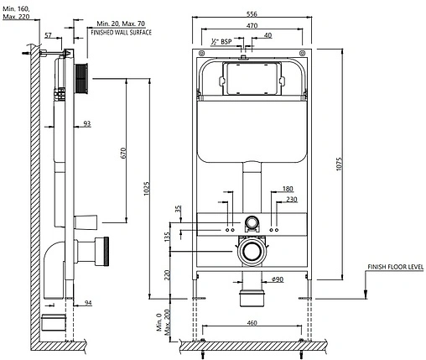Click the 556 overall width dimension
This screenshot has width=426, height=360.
[x=252, y=13]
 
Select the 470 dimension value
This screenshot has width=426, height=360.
[x=252, y=25]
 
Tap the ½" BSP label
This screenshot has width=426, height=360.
[x=221, y=42]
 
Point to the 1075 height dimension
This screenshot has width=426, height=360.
[x=339, y=164]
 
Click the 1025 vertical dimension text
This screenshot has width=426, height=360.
[x=147, y=189]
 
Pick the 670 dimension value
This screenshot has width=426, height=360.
[x=123, y=153]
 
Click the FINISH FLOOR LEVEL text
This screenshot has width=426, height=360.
[x=396, y=267]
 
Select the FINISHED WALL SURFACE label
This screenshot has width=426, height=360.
[x=122, y=33]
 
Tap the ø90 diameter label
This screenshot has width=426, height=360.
[x=278, y=279]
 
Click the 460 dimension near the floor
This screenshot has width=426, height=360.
[x=252, y=323]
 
